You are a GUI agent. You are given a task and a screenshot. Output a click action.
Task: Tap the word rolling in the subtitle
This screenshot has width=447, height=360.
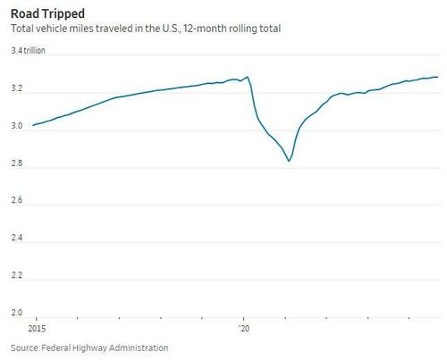click(231, 29)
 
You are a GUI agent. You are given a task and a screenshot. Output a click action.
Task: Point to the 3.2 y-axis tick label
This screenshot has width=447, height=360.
click(17, 91)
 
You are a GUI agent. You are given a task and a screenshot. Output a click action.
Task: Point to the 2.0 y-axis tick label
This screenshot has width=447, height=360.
click(17, 314)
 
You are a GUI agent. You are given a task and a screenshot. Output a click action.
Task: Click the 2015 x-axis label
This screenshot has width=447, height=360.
click(36, 327)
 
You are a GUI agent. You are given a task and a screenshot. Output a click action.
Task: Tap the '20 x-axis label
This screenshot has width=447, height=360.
click(244, 327)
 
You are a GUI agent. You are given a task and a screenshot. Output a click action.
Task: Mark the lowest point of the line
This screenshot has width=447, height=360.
click(289, 162)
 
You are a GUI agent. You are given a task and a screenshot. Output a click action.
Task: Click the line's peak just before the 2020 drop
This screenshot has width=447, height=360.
click(247, 77)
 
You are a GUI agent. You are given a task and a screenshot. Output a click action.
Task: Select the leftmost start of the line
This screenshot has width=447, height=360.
click(33, 125)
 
